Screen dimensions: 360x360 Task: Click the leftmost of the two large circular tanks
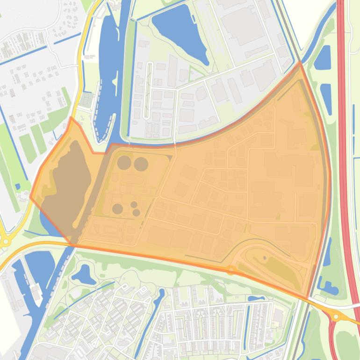[x=124, y=163]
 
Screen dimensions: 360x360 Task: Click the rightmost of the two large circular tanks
[x=141, y=164]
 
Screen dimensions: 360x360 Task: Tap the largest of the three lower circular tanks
[x=118, y=209]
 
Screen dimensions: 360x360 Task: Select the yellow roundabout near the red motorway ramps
[x=336, y=317]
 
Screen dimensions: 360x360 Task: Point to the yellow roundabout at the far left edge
[x=6, y=241]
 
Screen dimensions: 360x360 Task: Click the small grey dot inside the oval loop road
[x=265, y=258]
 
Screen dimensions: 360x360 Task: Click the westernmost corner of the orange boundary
[x=31, y=197]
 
